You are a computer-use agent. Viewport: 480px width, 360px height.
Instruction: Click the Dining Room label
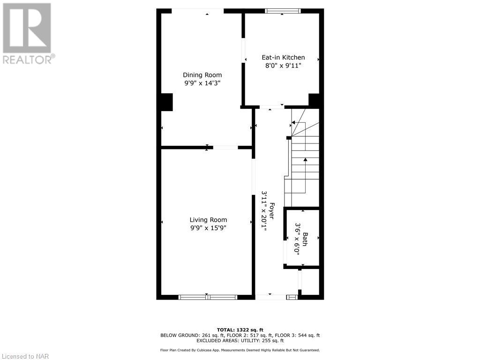click(202, 75)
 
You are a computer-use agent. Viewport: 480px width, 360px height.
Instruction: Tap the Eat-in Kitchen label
click(283, 58)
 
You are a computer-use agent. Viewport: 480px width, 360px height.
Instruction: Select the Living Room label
click(208, 220)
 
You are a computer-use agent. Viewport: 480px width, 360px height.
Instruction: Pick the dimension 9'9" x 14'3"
click(202, 83)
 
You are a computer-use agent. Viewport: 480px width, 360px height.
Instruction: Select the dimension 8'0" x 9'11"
click(283, 66)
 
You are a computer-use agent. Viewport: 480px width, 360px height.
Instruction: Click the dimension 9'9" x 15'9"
click(208, 228)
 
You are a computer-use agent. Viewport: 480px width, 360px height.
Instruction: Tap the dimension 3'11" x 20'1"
click(263, 211)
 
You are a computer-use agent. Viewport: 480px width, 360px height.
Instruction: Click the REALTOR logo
click(27, 33)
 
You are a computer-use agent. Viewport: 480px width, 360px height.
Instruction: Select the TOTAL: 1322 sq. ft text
click(240, 330)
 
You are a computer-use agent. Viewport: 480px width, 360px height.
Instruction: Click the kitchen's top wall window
click(283, 11)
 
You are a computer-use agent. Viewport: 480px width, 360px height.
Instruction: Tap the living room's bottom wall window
click(208, 297)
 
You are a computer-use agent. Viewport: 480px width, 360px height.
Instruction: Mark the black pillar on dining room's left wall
click(165, 102)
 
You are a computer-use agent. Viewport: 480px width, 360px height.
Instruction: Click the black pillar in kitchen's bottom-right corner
click(315, 100)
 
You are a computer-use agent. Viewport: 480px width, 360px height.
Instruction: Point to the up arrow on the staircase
click(305, 161)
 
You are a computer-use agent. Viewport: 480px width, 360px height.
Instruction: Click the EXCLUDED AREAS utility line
click(240, 341)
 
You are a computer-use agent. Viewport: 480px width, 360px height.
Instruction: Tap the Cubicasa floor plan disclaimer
click(240, 350)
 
